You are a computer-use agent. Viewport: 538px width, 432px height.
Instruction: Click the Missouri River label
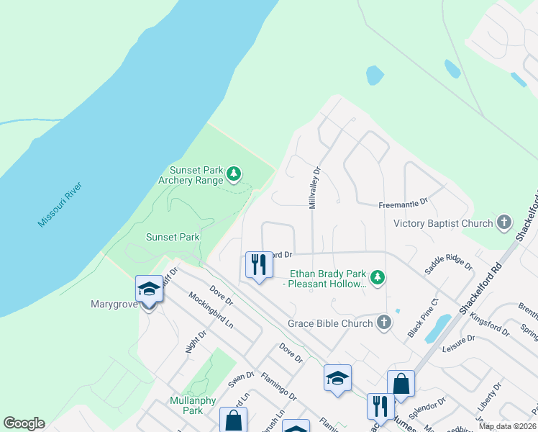(x=60, y=205)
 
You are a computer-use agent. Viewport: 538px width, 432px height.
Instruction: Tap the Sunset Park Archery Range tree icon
(x=233, y=174)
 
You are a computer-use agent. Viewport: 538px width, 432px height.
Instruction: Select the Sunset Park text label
(x=173, y=236)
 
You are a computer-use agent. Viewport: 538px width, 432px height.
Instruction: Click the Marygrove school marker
(x=149, y=289)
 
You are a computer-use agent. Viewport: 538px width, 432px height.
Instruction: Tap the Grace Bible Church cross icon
(x=384, y=322)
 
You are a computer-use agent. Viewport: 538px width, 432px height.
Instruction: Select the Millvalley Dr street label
(x=313, y=187)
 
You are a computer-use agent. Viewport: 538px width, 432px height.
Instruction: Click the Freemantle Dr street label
(x=403, y=204)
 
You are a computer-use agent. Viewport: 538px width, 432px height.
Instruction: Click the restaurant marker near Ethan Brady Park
(x=258, y=265)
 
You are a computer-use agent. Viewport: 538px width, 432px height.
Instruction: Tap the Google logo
(x=24, y=423)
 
